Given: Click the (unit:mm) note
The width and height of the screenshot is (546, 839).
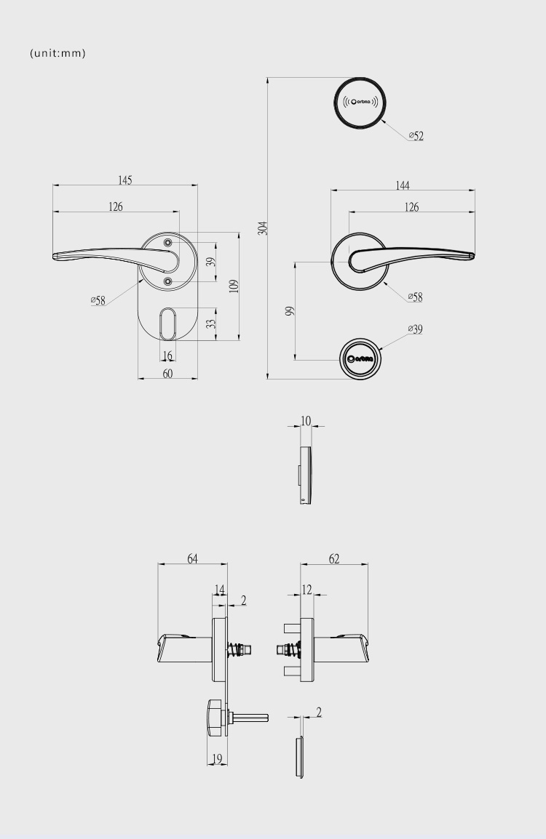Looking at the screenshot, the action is tap(58, 53).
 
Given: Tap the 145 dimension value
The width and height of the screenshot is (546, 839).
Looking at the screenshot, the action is tap(124, 180).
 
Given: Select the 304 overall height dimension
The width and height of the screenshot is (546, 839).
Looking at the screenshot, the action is tap(263, 228).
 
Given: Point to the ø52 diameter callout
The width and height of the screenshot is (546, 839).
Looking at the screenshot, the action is tap(416, 136).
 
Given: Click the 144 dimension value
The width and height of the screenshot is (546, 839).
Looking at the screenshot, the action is tap(403, 185).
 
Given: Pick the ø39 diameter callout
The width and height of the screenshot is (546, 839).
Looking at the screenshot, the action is tap(415, 329).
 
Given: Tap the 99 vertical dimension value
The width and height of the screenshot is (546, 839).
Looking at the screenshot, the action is tap(290, 311).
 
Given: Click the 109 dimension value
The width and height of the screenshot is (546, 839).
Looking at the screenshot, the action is tap(234, 286).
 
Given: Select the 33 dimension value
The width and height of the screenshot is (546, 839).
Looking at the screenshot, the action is tap(212, 324).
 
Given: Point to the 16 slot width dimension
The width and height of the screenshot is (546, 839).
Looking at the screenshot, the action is tap(167, 356).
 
